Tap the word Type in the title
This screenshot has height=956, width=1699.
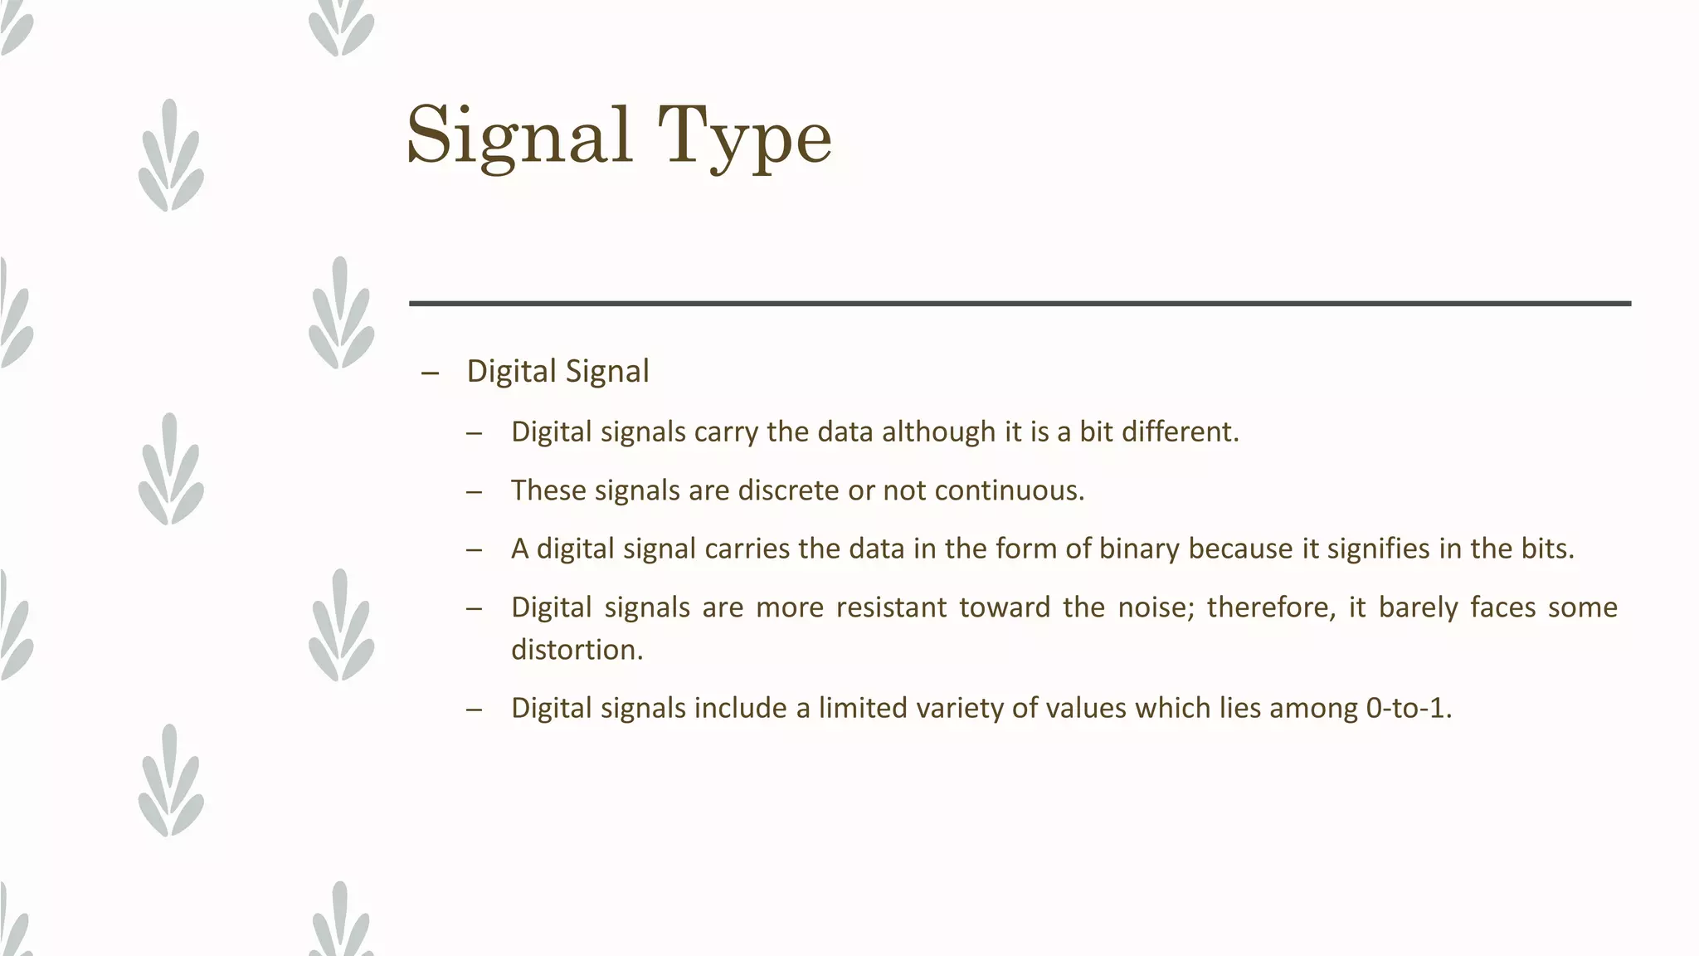click(744, 137)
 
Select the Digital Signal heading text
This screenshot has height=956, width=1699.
click(557, 371)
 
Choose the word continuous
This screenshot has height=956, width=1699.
click(1009, 490)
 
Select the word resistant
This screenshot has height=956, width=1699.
click(891, 607)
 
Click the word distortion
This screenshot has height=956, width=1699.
click(577, 650)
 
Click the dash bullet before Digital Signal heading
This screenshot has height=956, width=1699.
click(430, 373)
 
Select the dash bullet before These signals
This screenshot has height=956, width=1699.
click(474, 492)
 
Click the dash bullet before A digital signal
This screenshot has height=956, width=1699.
click(474, 550)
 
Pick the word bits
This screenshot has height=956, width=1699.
click(1546, 549)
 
